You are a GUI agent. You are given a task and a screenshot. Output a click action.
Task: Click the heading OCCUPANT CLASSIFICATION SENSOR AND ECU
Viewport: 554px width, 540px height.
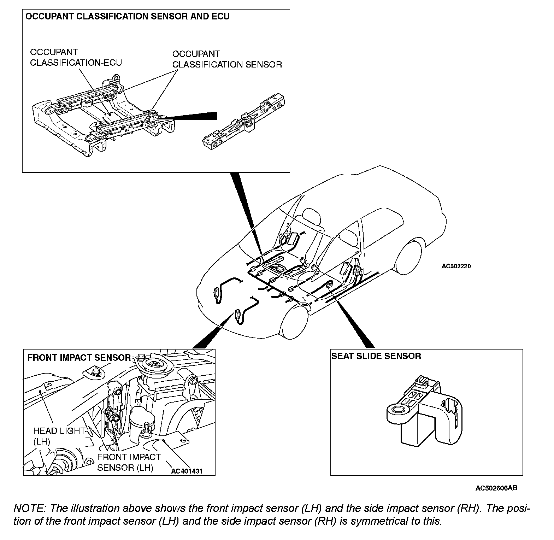pos(128,16)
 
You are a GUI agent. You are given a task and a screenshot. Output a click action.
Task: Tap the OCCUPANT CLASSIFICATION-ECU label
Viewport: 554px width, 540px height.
pos(76,57)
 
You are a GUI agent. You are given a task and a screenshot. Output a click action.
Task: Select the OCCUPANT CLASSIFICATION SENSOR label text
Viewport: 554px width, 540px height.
pos(227,59)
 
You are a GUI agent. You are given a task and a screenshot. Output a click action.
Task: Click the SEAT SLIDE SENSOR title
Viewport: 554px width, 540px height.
pos(376,356)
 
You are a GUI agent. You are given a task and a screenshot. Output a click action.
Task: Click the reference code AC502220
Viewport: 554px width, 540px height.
pos(456,266)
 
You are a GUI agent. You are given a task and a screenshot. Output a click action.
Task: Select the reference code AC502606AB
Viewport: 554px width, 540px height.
pos(496,488)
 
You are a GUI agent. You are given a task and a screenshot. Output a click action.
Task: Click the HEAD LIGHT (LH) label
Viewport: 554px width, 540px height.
pos(59,436)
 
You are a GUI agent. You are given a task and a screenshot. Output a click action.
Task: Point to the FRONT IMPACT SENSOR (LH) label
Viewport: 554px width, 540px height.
pos(129,462)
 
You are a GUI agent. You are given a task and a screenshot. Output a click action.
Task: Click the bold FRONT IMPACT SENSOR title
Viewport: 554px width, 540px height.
pos(79,358)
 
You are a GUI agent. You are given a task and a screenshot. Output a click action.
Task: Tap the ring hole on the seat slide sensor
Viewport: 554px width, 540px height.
pos(398,410)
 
